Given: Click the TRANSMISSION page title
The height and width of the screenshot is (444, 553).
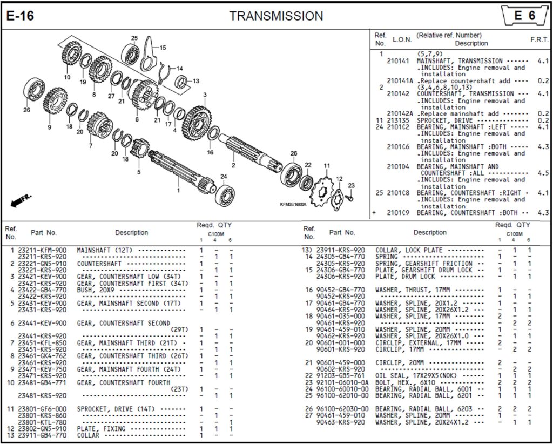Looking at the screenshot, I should click(276, 16).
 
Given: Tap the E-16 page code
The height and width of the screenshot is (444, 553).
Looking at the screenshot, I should click(20, 16).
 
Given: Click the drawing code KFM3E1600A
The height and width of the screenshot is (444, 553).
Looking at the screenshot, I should click(293, 205).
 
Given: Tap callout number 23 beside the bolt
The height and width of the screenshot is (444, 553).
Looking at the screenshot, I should click(351, 185).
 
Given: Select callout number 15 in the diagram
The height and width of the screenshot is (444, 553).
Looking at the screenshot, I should click(163, 48).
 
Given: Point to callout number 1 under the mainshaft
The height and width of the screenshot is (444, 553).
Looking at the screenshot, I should click(178, 190).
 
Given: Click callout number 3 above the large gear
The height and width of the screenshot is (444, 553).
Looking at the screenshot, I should click(205, 95).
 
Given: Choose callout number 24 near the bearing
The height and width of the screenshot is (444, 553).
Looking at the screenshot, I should click(223, 176).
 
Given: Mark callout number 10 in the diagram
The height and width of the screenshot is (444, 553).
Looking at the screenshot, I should click(67, 77).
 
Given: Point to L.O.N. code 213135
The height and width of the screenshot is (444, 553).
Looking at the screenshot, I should click(397, 120).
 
